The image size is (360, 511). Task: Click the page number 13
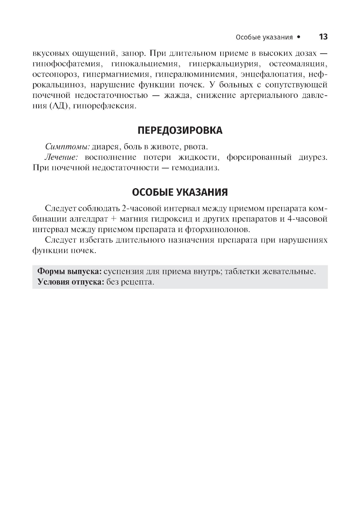pyautogui.click(x=323, y=37)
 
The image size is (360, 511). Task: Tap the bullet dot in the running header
pyautogui.click(x=298, y=37)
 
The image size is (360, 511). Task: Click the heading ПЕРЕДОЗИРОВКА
pyautogui.click(x=180, y=130)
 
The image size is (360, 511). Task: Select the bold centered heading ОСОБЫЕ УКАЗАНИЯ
pyautogui.click(x=180, y=192)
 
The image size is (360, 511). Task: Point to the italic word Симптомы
pyautogui.click(x=67, y=147)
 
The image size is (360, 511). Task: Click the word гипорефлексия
pyautogui.click(x=104, y=106)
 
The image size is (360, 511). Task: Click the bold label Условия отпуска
pyautogui.click(x=71, y=282)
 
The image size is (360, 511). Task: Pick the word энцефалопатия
pyautogui.click(x=272, y=74)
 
